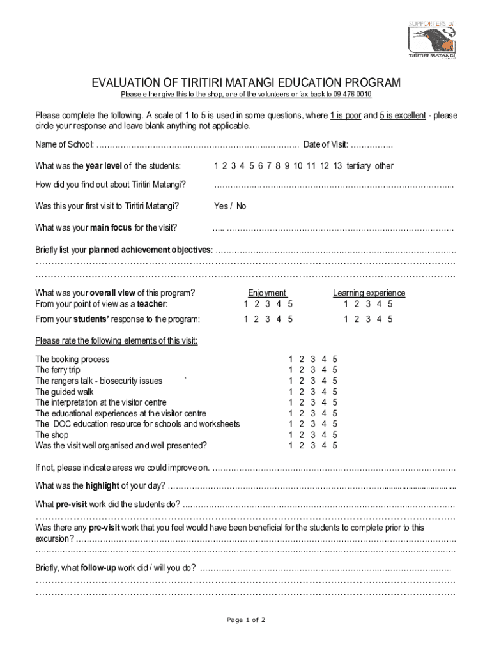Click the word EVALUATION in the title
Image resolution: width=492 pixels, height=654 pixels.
coord(124,83)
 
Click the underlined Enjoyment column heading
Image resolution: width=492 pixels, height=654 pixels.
coord(267,293)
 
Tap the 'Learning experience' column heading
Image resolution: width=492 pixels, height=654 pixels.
coord(369,293)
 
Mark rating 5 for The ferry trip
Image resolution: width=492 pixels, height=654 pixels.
coord(334,370)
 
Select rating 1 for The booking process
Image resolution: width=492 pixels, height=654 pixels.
coord(291,360)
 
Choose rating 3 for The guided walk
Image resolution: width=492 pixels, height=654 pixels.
coord(312,392)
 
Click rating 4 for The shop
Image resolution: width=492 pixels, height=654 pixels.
coord(324,435)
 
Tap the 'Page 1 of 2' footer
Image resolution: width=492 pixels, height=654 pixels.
coord(246,620)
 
